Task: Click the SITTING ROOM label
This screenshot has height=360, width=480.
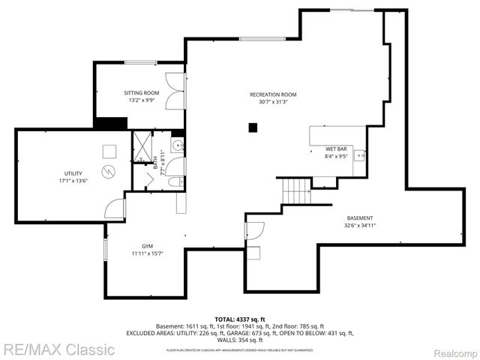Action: [x=142, y=93]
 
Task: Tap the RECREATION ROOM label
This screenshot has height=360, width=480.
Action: [x=273, y=94]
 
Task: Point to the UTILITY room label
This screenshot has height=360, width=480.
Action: [x=73, y=173]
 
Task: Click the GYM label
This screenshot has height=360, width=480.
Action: [x=148, y=246]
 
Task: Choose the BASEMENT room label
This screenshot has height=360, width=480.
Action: [x=360, y=218]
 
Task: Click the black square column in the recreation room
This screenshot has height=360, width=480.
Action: [x=253, y=128]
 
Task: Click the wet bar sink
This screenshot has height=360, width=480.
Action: [x=359, y=156]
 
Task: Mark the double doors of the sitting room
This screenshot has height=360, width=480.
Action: [x=174, y=91]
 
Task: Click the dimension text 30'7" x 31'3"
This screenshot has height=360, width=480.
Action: [x=273, y=102]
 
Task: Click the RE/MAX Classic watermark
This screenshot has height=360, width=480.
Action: [x=58, y=349]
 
